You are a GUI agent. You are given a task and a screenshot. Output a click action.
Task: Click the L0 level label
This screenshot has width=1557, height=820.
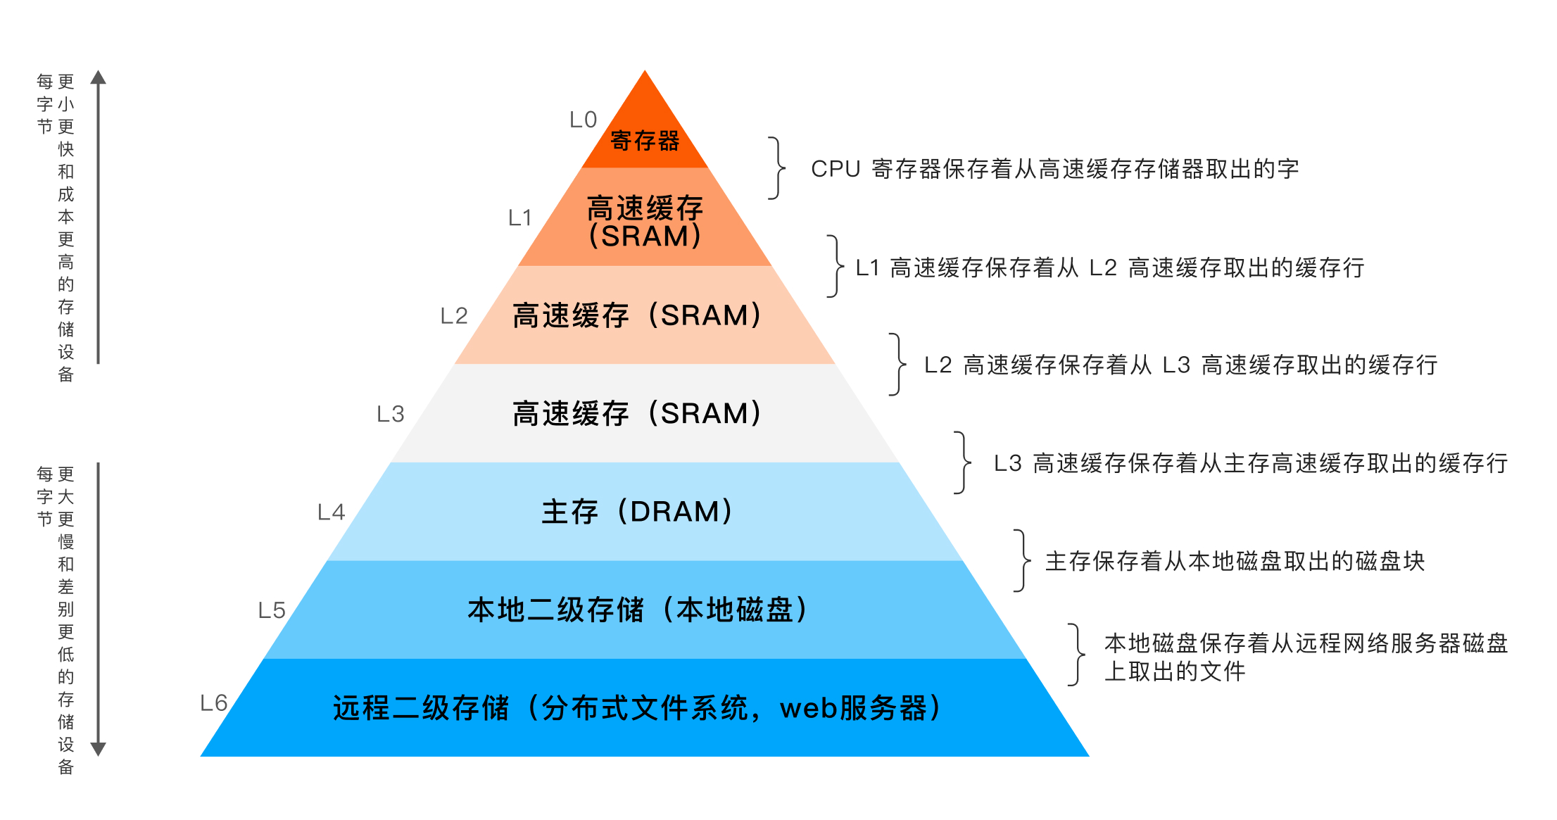pyautogui.click(x=583, y=120)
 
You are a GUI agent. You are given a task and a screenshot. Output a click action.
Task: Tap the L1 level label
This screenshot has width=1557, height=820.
pyautogui.click(x=519, y=218)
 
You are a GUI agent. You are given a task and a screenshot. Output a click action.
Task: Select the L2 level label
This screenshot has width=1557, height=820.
pyautogui.click(x=454, y=316)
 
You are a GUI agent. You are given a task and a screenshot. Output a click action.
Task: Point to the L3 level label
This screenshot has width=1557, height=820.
pyautogui.click(x=391, y=414)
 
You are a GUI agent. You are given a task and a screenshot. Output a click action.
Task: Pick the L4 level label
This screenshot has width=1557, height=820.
pyautogui.click(x=331, y=512)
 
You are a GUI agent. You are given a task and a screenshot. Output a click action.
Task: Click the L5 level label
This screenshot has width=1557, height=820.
pyautogui.click(x=272, y=610)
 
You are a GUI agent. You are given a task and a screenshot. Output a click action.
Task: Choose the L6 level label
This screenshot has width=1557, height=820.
pyautogui.click(x=213, y=703)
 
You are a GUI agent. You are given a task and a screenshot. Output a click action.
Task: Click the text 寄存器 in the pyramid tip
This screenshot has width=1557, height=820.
pyautogui.click(x=645, y=141)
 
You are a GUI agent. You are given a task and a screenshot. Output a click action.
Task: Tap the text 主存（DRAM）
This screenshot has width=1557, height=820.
pyautogui.click(x=637, y=512)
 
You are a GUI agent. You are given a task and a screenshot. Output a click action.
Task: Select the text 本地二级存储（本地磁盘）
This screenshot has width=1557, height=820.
pyautogui.click(x=637, y=610)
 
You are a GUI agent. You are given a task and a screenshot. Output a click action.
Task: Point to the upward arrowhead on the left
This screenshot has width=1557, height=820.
pyautogui.click(x=99, y=77)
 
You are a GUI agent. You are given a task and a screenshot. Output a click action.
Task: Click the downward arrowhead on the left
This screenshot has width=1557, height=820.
pyautogui.click(x=99, y=749)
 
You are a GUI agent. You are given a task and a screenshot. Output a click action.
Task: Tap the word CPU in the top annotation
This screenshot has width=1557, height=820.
pyautogui.click(x=836, y=170)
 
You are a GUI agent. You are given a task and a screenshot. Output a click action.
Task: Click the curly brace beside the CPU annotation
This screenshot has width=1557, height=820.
pyautogui.click(x=777, y=168)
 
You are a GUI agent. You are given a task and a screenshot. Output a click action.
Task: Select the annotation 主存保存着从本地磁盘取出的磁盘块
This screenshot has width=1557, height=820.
pyautogui.click(x=1235, y=562)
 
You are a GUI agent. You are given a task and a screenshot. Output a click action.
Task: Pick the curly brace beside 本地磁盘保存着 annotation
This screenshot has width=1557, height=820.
pyautogui.click(x=1076, y=655)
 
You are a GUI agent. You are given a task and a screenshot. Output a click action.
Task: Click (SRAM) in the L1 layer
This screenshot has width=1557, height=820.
pyautogui.click(x=645, y=236)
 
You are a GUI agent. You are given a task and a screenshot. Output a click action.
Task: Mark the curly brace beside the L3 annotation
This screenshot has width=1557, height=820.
pyautogui.click(x=962, y=462)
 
